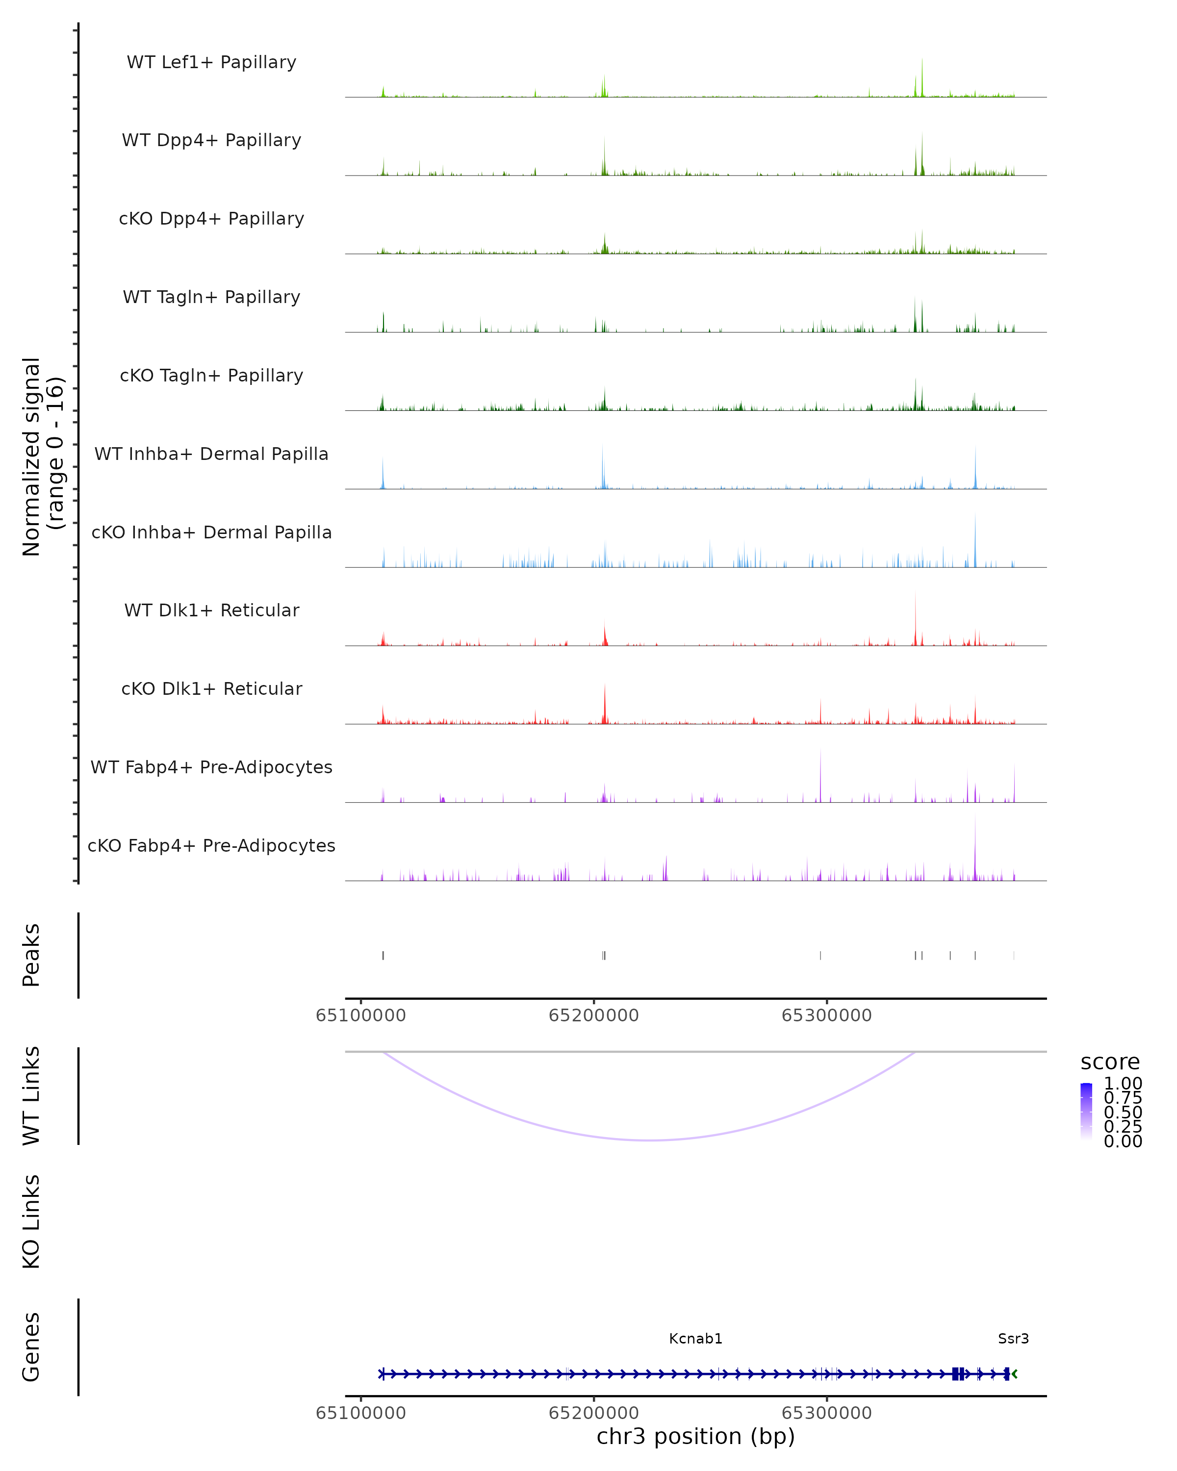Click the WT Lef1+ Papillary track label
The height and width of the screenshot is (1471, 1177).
pyautogui.click(x=211, y=62)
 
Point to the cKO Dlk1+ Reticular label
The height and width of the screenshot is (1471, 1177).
pyautogui.click(x=211, y=688)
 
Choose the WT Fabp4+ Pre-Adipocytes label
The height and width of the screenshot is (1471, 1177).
pyautogui.click(x=211, y=767)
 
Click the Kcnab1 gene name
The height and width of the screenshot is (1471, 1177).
pyautogui.click(x=695, y=1338)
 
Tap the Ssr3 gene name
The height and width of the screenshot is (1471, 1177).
pyautogui.click(x=1013, y=1338)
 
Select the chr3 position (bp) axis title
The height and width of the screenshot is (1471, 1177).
pyautogui.click(x=695, y=1436)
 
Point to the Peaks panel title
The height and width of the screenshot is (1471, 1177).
pyautogui.click(x=31, y=955)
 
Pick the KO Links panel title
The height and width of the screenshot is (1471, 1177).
pyautogui.click(x=31, y=1221)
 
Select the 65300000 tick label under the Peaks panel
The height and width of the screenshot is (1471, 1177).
pyautogui.click(x=826, y=1015)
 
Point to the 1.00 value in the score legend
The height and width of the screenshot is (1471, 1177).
pyautogui.click(x=1123, y=1084)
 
